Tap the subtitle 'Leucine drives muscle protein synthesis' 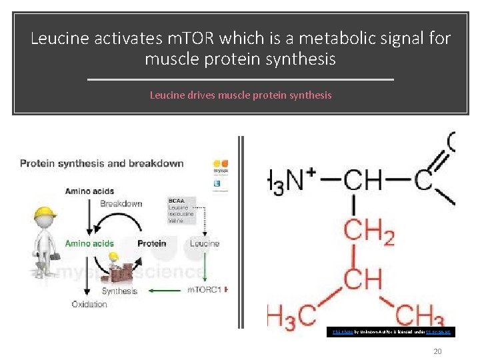[x=240, y=95]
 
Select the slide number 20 [x=437, y=351]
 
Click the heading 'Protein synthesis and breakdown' [x=102, y=163]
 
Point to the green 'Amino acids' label [x=89, y=243]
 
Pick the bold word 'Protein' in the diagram [x=152, y=243]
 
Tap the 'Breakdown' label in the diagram [x=121, y=203]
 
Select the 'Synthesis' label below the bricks [x=119, y=291]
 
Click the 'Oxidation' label [x=89, y=304]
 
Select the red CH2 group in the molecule [x=369, y=233]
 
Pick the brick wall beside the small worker [x=127, y=269]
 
